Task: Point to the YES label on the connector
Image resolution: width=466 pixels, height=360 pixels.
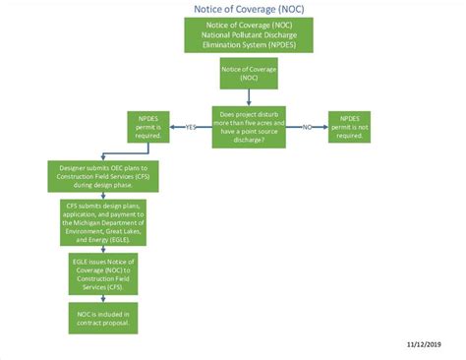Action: point(191,127)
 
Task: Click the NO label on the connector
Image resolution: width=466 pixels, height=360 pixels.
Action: point(306,127)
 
